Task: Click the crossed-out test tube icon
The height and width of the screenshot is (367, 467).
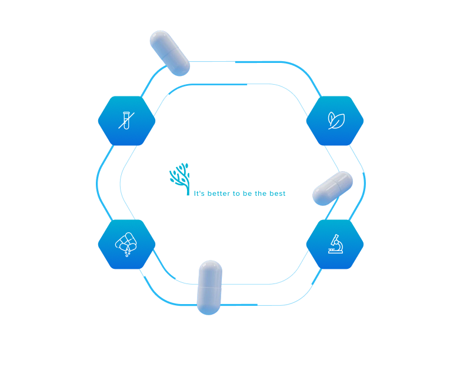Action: pyautogui.click(x=126, y=121)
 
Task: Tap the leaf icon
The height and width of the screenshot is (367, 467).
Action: pyautogui.click(x=336, y=121)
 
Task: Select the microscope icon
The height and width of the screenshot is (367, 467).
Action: pyautogui.click(x=336, y=244)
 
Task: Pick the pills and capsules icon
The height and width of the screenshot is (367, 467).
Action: pyautogui.click(x=126, y=244)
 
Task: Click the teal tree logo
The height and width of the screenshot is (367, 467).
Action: pyautogui.click(x=180, y=179)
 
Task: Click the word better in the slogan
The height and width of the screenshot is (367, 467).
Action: pyautogui.click(x=219, y=193)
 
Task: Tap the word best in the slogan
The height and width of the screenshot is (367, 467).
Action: pyautogui.click(x=277, y=193)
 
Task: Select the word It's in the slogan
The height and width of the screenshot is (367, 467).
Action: pyautogui.click(x=199, y=193)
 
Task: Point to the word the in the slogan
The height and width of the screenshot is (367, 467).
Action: pyautogui.click(x=261, y=193)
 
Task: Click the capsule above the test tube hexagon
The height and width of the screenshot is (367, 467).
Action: pyautogui.click(x=170, y=53)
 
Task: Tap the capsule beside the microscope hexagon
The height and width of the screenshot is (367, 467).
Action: pyautogui.click(x=332, y=188)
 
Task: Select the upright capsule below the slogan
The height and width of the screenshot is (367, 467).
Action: pyautogui.click(x=209, y=287)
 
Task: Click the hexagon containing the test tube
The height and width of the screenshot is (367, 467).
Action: pyautogui.click(x=126, y=121)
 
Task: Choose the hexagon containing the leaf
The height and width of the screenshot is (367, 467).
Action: pyautogui.click(x=335, y=121)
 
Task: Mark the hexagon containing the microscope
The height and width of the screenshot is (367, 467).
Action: pyautogui.click(x=335, y=244)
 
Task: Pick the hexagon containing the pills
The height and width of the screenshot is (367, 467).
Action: pyautogui.click(x=126, y=244)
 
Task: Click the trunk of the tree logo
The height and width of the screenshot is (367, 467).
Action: pyautogui.click(x=188, y=187)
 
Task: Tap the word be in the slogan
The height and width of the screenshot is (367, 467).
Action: pyautogui.click(x=247, y=193)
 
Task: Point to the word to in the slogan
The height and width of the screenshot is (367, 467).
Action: pyautogui.click(x=236, y=193)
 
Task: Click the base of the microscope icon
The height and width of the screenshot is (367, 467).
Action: pyautogui.click(x=336, y=252)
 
